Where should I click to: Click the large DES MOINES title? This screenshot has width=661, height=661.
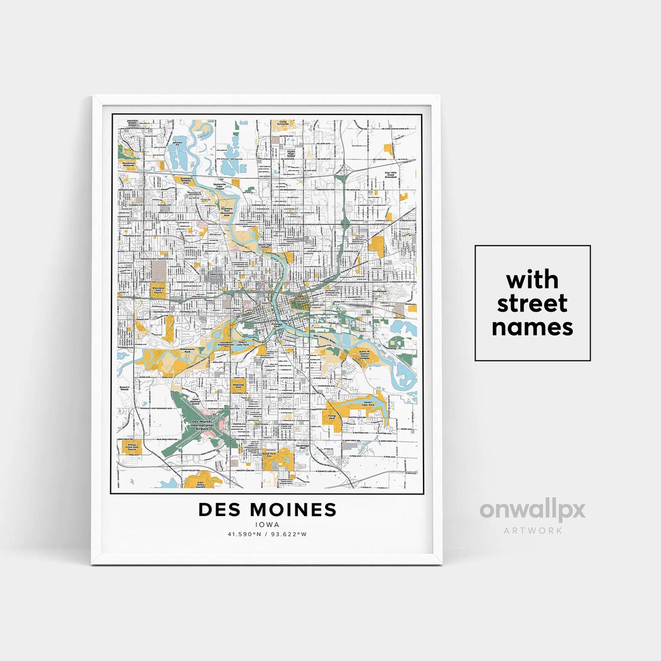(x=267, y=509)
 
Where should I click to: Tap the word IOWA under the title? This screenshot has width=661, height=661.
(x=267, y=525)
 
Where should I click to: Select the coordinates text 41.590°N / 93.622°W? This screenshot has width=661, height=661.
(x=267, y=534)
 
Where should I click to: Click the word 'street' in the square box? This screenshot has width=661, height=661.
(x=532, y=303)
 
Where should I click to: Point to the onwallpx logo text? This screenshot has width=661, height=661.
(x=532, y=510)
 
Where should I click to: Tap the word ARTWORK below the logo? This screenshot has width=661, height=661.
(x=532, y=530)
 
